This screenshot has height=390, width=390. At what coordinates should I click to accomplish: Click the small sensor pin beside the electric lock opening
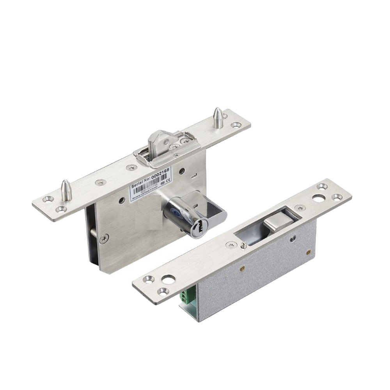[x=242, y=245]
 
